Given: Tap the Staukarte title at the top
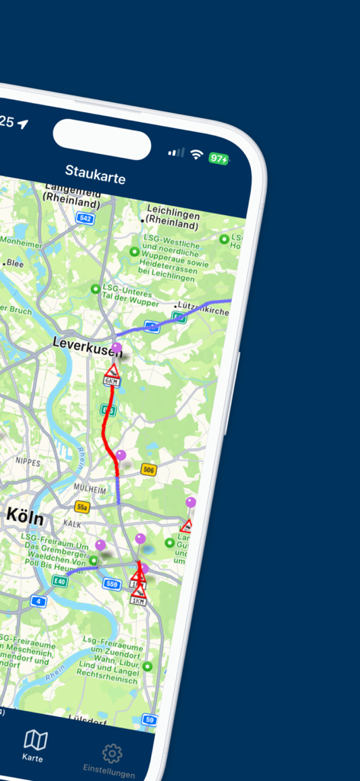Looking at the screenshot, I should [95, 174].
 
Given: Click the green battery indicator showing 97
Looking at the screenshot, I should [219, 159].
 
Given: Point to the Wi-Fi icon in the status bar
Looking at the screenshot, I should [197, 155].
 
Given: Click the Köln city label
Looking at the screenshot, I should [24, 516].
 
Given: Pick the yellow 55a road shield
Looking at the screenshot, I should [82, 506].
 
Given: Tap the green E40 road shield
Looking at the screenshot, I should [59, 581].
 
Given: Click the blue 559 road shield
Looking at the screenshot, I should [112, 584].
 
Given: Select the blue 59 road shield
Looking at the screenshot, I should [149, 719].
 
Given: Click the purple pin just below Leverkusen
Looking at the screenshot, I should [116, 349].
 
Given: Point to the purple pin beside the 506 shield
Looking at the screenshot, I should [121, 456].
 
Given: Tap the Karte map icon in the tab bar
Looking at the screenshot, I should [35, 739].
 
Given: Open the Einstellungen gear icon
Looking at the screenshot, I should [111, 754].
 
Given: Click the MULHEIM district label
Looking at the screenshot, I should [90, 487].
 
